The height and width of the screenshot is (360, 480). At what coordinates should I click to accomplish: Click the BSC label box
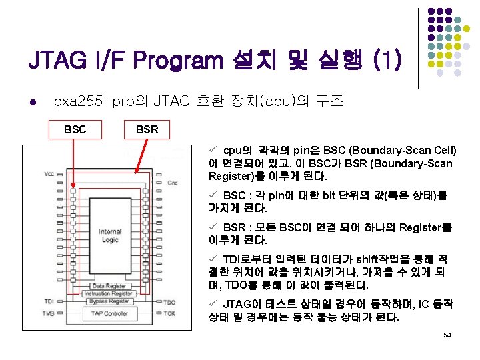[75, 129]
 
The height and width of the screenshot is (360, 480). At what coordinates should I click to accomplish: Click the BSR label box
[147, 129]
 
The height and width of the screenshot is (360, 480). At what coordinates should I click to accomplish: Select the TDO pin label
[169, 302]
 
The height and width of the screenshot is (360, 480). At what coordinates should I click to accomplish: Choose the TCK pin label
[169, 313]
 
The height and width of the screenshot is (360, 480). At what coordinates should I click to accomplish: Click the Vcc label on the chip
[49, 174]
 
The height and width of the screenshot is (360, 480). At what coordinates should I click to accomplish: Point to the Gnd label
[172, 182]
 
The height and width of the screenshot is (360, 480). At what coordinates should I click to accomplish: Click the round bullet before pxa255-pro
[32, 103]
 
